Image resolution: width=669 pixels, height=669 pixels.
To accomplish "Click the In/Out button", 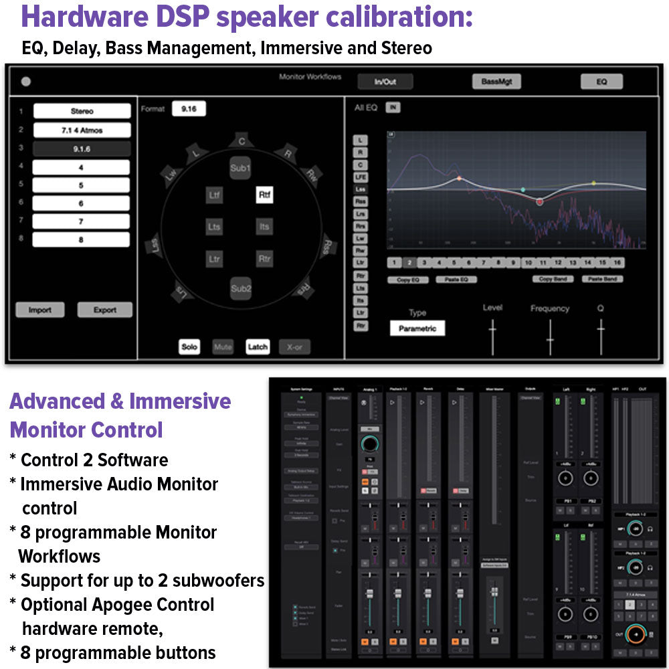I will click(385, 82).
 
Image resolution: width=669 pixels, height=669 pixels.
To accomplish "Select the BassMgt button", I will click(496, 82).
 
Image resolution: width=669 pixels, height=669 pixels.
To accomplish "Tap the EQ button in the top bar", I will click(601, 82).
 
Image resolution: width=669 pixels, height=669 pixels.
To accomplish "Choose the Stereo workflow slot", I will click(82, 111).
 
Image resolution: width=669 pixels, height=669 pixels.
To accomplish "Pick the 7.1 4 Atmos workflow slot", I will click(82, 130).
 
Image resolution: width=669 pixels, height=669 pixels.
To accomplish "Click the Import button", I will click(40, 310).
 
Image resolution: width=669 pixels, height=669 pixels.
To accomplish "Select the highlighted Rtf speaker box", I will click(264, 195).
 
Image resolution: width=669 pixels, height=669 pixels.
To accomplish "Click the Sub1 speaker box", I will click(240, 169).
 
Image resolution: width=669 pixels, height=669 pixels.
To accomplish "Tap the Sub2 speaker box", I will click(241, 288).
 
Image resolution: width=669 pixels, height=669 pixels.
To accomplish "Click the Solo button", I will click(189, 347).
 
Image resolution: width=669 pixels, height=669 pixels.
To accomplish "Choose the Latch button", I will click(258, 347).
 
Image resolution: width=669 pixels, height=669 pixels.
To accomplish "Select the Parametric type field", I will click(417, 328).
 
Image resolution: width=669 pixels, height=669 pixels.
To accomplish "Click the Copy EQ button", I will click(407, 280).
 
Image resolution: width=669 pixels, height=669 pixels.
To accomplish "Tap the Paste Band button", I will click(602, 279).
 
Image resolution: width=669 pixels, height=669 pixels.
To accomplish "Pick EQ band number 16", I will click(617, 263).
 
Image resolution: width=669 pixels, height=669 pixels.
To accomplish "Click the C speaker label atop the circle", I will click(241, 140).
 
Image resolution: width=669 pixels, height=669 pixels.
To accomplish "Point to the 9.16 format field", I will click(189, 109).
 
